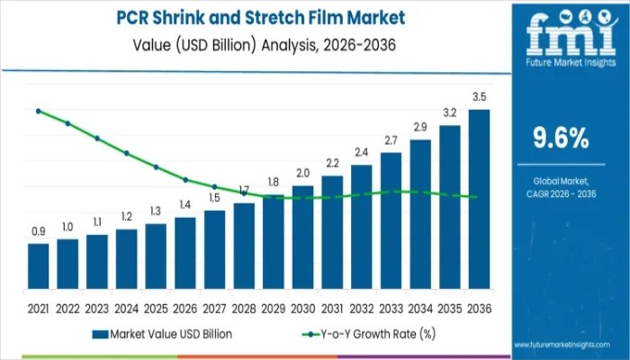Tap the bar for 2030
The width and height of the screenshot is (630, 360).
pyautogui.click(x=302, y=238)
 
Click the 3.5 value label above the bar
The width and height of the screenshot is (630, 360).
pyautogui.click(x=480, y=97)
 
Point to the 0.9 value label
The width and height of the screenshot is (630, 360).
pyautogui.click(x=38, y=232)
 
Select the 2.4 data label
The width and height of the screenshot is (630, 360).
pyautogui.click(x=361, y=152)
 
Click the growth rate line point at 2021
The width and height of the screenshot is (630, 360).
pyautogui.click(x=38, y=111)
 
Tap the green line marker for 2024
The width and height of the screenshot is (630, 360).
pyautogui.click(x=126, y=153)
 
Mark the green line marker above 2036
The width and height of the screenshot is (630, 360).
pyautogui.click(x=474, y=197)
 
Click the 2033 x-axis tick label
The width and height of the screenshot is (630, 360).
pyautogui.click(x=391, y=309)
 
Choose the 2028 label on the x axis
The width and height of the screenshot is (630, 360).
pyautogui.click(x=244, y=309)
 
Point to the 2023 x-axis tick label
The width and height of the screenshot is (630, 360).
pyautogui.click(x=96, y=309)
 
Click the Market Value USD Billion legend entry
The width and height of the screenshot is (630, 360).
pyautogui.click(x=162, y=334)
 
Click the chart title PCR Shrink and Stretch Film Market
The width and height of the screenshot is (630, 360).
pyautogui.click(x=262, y=17)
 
